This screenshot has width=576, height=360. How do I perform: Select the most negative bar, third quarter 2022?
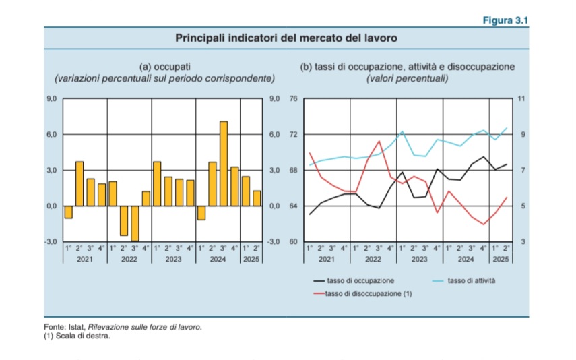pyautogui.click(x=135, y=223)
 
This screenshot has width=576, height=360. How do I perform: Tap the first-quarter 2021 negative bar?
pyautogui.click(x=68, y=212)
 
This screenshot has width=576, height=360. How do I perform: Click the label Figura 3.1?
pyautogui.click(x=505, y=21)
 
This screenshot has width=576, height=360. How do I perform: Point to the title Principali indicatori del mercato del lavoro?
pyautogui.click(x=286, y=38)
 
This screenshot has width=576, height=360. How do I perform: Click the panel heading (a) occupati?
pyautogui.click(x=165, y=67)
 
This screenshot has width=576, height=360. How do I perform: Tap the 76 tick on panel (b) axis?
pyautogui.click(x=293, y=99)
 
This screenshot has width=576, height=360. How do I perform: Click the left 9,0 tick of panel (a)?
pyautogui.click(x=52, y=99)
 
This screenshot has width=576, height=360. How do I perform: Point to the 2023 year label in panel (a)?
pyautogui.click(x=173, y=259)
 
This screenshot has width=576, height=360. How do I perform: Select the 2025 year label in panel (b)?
pyautogui.click(x=501, y=259)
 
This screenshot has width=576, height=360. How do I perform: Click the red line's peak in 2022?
pyautogui.click(x=379, y=142)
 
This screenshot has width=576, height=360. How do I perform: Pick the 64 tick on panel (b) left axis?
pyautogui.click(x=293, y=206)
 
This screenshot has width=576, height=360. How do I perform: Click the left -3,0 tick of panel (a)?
pyautogui.click(x=51, y=241)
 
